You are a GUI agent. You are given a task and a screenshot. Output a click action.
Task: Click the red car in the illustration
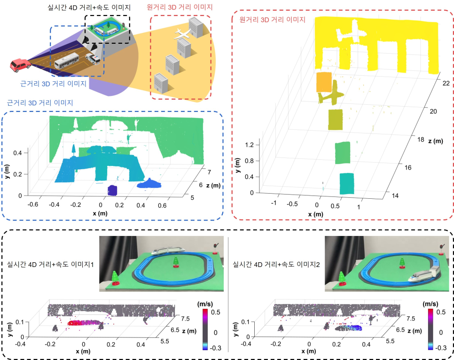click(20, 65)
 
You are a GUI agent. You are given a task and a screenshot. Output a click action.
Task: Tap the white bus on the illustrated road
click(67, 61)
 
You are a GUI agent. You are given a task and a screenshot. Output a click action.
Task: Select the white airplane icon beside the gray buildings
click(182, 34)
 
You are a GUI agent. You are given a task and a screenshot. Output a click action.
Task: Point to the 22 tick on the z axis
click(446, 83)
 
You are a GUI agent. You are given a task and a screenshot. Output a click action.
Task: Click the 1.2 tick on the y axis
click(249, 145)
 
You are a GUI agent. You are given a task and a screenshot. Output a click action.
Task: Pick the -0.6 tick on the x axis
click(33, 204)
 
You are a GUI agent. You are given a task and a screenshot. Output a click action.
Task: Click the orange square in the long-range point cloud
click(324, 82)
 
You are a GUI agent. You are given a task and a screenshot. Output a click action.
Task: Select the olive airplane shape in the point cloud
click(331, 93)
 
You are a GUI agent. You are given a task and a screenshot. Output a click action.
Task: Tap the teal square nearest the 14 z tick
click(346, 184)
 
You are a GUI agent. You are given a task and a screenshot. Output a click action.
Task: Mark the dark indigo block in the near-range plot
click(112, 190)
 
